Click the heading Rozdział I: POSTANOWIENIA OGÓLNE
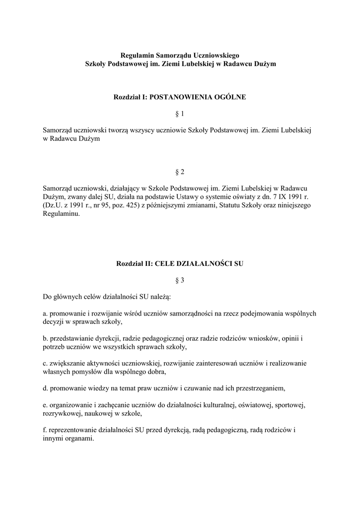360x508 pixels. point(180,97)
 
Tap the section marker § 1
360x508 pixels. point(180,114)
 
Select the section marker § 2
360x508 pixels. point(180,172)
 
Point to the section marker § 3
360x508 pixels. point(180,280)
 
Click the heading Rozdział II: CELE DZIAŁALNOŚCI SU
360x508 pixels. point(180,263)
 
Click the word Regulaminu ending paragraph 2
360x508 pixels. point(61,214)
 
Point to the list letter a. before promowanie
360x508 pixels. point(45,314)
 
